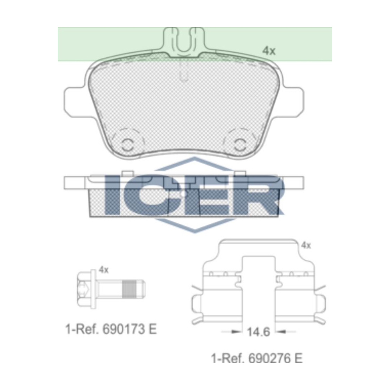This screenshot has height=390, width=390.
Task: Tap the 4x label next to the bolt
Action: pos(103,269)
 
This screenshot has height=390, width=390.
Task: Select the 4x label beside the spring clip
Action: pos(306,245)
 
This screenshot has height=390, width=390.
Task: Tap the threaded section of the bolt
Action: pos(130,289)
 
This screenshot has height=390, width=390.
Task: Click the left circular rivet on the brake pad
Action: pos(127,144)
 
